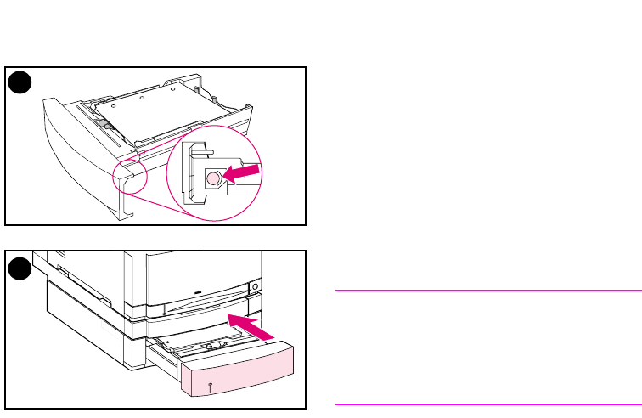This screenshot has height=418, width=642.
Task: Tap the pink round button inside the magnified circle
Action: [x=214, y=178]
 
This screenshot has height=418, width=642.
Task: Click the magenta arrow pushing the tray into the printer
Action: [x=251, y=328]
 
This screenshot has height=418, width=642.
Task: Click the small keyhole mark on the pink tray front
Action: [x=209, y=387]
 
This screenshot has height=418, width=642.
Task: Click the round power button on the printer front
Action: [x=254, y=286]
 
